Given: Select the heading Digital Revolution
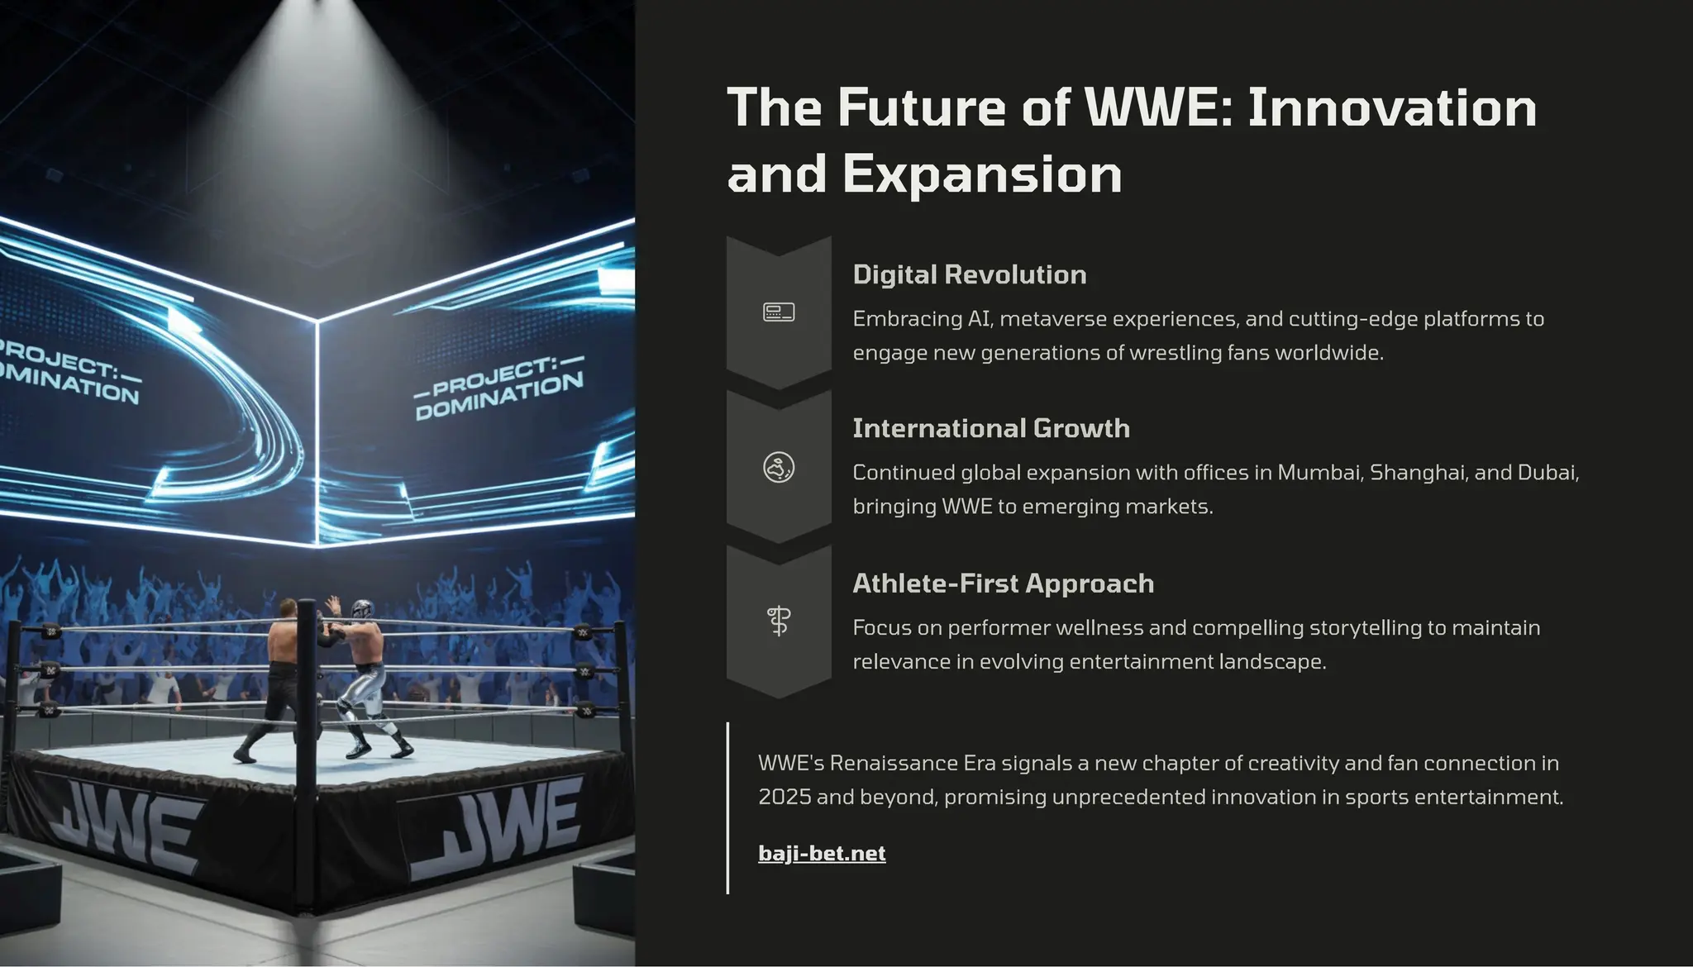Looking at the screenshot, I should (x=969, y=274).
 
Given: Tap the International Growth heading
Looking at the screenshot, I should (x=990, y=428).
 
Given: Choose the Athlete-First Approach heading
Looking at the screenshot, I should (x=1003, y=584).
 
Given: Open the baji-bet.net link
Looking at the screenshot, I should (x=822, y=853).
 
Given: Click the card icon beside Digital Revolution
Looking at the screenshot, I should (x=779, y=312).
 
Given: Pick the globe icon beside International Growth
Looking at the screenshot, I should (x=779, y=468).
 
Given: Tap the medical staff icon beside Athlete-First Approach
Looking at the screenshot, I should (x=779, y=621).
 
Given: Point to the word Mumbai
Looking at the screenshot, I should (x=1319, y=473).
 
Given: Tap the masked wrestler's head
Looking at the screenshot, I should (x=362, y=610).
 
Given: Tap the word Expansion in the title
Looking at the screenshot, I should (x=981, y=174).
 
